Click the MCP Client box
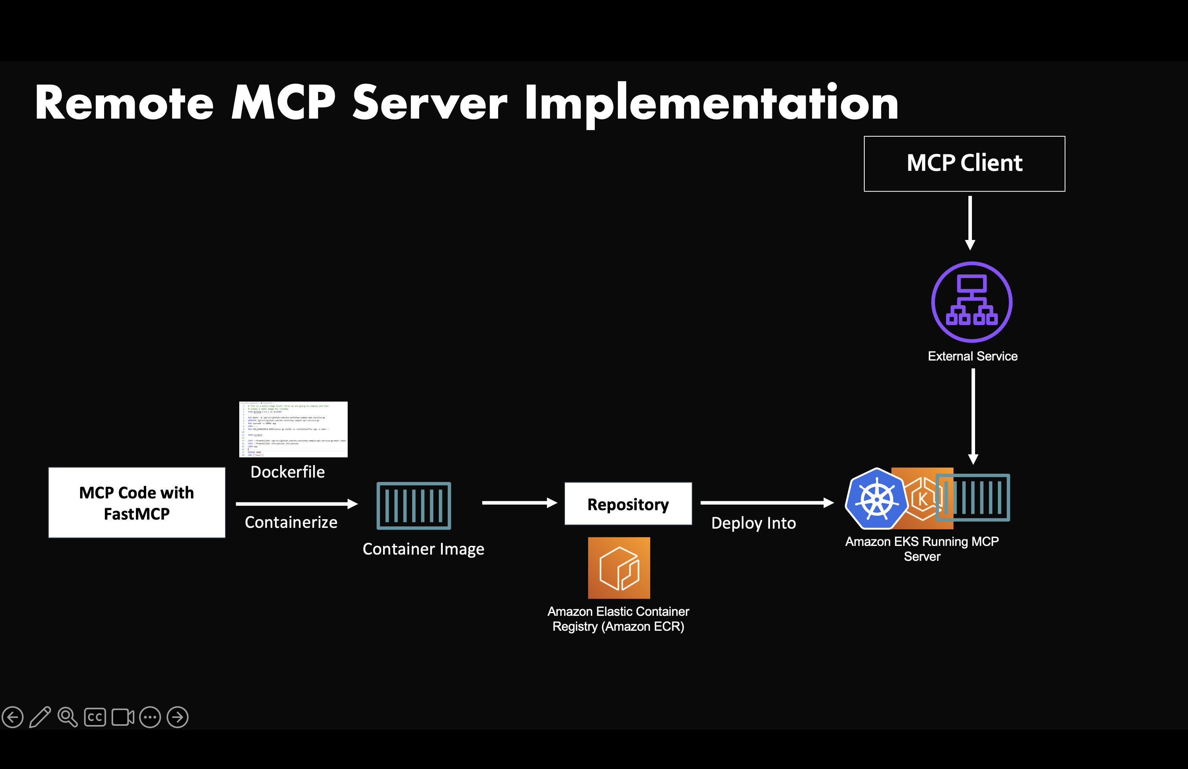tap(964, 164)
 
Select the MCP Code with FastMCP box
tap(137, 502)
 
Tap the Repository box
tap(628, 504)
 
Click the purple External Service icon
tap(972, 302)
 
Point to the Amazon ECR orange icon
tap(619, 568)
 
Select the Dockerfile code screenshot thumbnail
tap(293, 429)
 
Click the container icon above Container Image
tap(414, 505)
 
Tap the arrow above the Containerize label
tap(297, 504)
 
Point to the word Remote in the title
tap(124, 103)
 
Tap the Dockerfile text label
tap(288, 472)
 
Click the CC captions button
tap(95, 717)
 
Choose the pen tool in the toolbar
tap(40, 717)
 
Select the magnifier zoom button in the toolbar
tap(68, 717)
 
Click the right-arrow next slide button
tap(178, 717)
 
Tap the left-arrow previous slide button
tap(13, 717)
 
